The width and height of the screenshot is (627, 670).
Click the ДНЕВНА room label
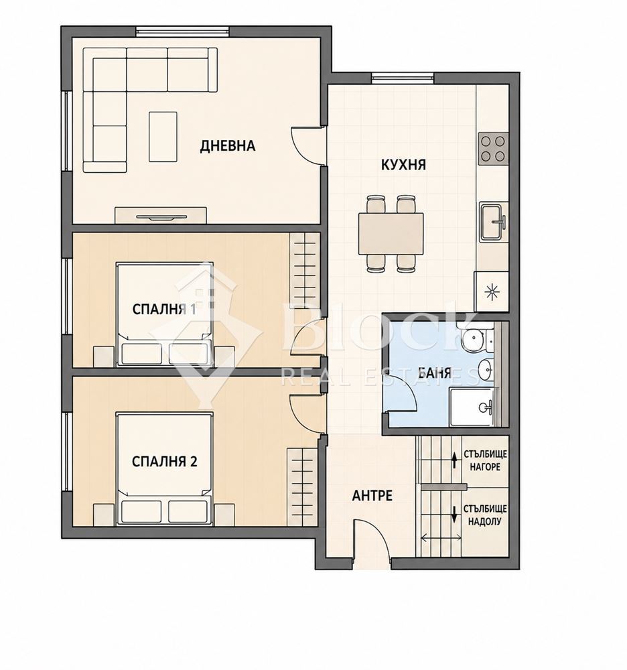pyautogui.click(x=228, y=145)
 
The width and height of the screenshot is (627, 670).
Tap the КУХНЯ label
pyautogui.click(x=403, y=165)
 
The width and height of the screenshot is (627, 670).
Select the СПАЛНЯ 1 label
pyautogui.click(x=164, y=309)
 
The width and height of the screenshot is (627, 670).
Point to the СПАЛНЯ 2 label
pyautogui.click(x=164, y=462)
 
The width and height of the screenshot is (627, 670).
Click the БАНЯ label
pyautogui.click(x=434, y=373)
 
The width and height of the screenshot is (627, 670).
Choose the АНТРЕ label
pyautogui.click(x=372, y=495)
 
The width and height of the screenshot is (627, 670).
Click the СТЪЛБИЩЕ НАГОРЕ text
pyautogui.click(x=485, y=460)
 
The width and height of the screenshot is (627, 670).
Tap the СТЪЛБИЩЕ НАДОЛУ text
pyautogui.click(x=485, y=515)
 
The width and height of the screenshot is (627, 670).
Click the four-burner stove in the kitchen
pyautogui.click(x=493, y=149)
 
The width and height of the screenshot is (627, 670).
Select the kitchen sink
pyautogui.click(x=493, y=222)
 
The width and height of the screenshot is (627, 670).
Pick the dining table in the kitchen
pyautogui.click(x=391, y=233)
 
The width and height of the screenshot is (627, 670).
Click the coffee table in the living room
pyautogui.click(x=163, y=137)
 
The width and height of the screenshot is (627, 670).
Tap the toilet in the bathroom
pyautogui.click(x=475, y=340)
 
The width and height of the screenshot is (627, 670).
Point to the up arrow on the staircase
pyautogui.click(x=454, y=460)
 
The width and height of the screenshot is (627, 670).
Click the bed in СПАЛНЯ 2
pyautogui.click(x=164, y=468)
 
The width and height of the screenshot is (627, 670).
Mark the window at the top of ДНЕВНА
pyautogui.click(x=182, y=31)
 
